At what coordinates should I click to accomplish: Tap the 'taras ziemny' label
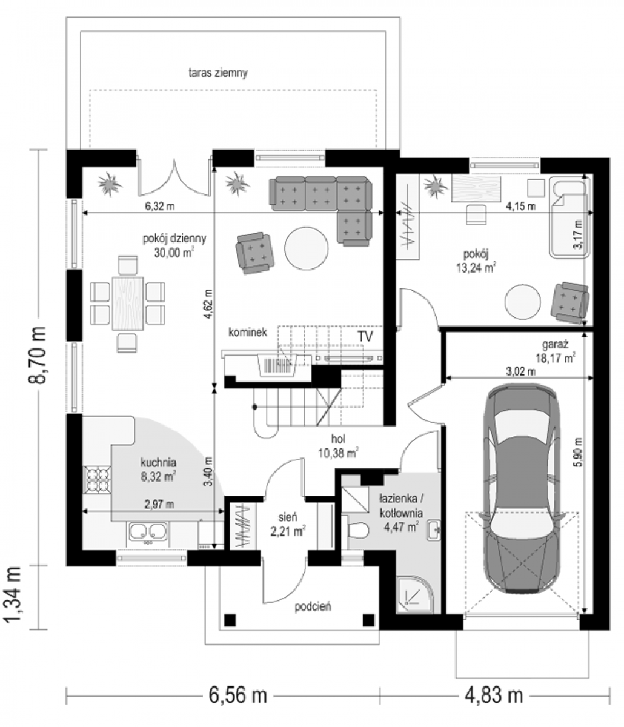point(218,73)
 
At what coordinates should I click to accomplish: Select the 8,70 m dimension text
point(36,355)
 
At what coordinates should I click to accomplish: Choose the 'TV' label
point(365,337)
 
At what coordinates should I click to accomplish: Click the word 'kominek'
point(248,332)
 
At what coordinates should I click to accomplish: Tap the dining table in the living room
point(128,303)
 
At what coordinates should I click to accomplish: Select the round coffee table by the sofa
point(307,248)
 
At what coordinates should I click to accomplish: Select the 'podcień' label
point(313,606)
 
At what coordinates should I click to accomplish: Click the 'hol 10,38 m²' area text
point(338,446)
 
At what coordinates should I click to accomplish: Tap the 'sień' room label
point(288,517)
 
